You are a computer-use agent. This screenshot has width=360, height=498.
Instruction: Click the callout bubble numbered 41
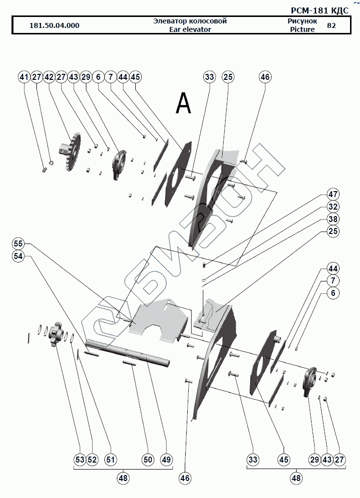24,77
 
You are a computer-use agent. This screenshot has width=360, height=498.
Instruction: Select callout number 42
48,77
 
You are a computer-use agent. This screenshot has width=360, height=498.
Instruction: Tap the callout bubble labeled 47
333,194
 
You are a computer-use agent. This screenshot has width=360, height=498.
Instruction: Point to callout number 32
333,206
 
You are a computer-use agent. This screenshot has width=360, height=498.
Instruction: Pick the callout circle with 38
333,219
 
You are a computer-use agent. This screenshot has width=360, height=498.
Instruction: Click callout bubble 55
18,244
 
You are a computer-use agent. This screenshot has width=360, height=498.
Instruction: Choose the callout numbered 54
18,255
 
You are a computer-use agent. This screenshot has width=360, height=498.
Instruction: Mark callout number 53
79,459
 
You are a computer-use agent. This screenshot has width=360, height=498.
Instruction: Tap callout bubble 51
110,459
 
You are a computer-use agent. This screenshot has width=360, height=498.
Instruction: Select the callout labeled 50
147,459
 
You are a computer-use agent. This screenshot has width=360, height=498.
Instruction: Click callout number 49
166,459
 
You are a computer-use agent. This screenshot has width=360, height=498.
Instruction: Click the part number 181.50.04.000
54,25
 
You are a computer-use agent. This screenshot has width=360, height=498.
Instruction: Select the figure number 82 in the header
331,25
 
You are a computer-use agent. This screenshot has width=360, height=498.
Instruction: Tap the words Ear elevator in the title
190,29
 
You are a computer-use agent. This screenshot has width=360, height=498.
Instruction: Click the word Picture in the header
302,29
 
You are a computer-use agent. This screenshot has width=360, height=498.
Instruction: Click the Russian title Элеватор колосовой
190,21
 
